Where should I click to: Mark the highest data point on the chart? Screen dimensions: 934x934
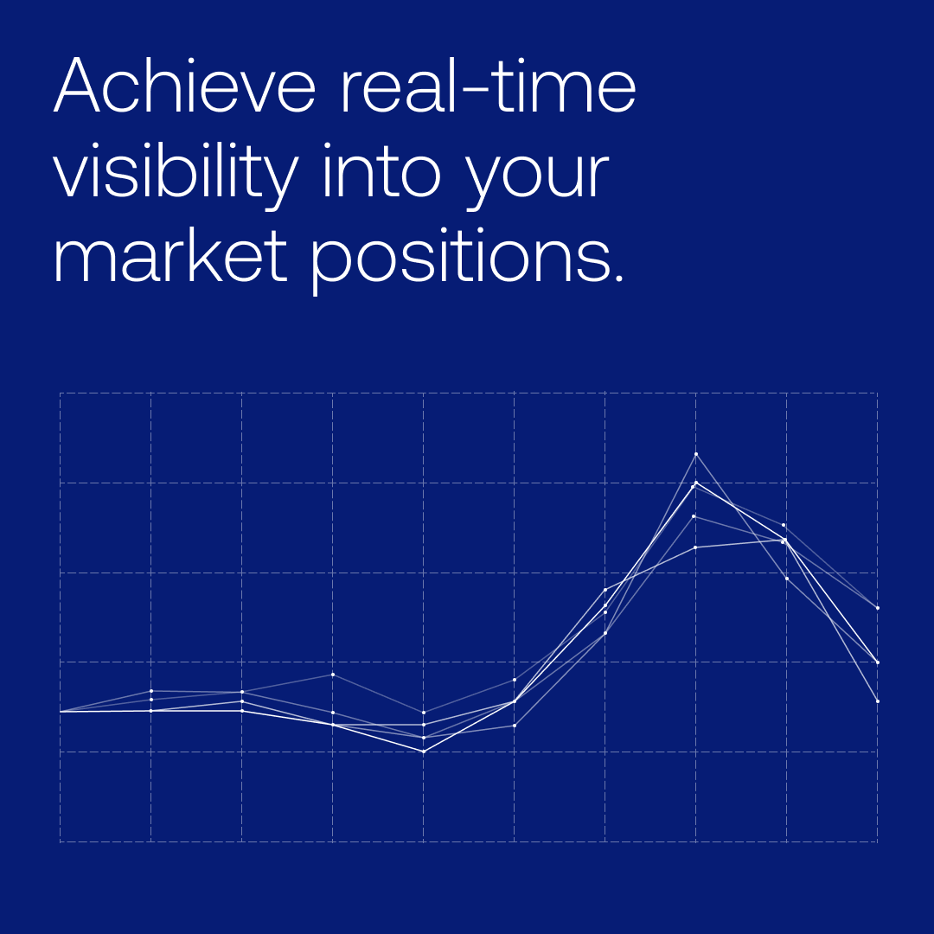695,453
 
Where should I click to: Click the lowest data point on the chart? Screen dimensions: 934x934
424,752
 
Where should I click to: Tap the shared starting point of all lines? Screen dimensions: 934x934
61,711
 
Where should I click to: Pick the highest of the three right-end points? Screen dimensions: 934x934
877,607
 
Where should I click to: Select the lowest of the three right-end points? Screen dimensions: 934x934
877,700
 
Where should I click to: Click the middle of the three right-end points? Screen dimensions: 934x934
877,662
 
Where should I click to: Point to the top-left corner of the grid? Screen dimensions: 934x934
61,393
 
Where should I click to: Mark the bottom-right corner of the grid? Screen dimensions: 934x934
877,841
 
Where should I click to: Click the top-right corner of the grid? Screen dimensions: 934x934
877,393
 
